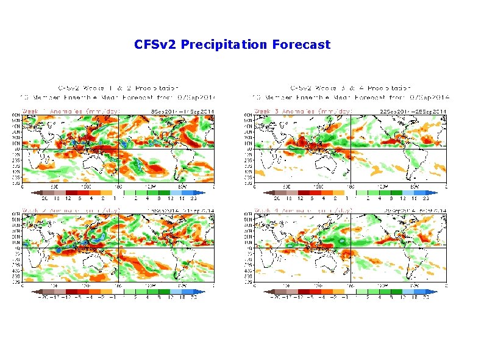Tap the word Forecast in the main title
click(x=302, y=45)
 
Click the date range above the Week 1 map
click(x=182, y=110)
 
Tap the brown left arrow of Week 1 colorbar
click(x=35, y=192)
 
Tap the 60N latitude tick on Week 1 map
click(x=16, y=115)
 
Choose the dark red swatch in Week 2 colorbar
click(x=72, y=292)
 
